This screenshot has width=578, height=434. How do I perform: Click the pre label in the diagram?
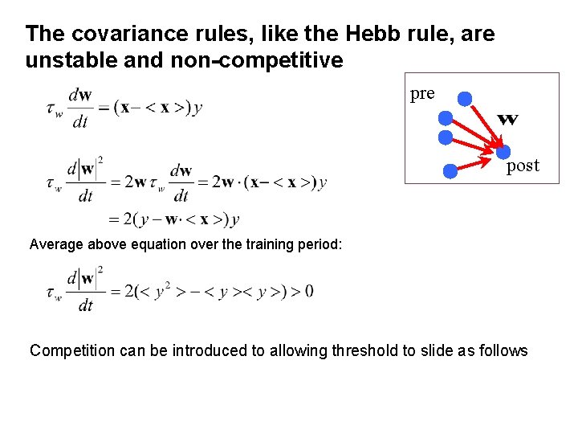[422, 93]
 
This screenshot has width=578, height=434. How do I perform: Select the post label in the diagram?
[523, 166]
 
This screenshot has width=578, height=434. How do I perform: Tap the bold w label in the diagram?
[507, 120]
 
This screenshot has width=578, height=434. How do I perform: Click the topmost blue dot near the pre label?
[465, 99]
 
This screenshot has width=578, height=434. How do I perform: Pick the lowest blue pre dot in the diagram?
[450, 170]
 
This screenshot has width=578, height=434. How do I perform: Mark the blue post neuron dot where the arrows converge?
[503, 152]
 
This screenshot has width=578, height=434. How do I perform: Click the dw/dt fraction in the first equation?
[79, 108]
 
